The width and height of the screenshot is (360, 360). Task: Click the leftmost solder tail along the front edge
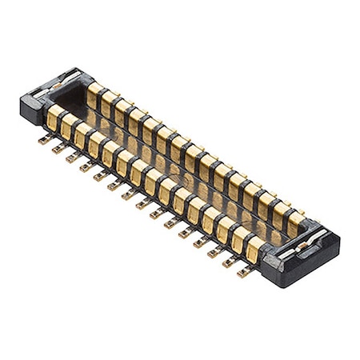point(44,140)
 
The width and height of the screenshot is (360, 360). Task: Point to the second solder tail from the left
point(58,149)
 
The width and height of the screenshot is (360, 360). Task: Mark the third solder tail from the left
point(72,158)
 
